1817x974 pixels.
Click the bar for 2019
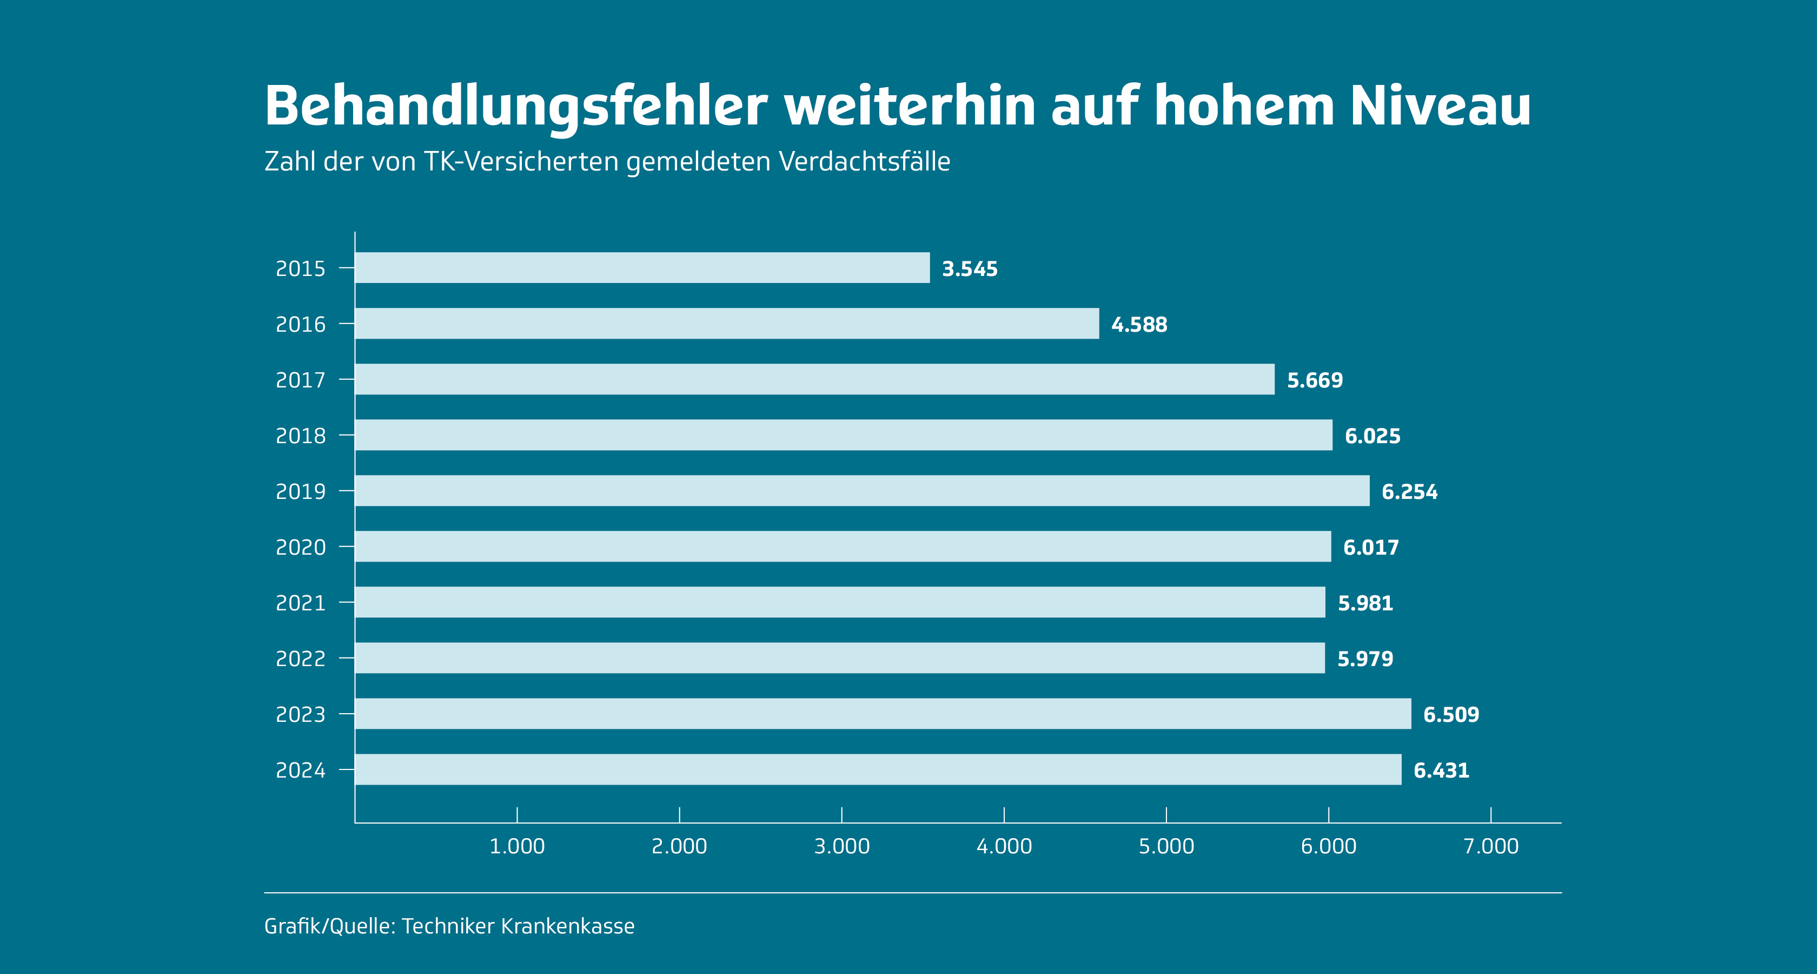pos(862,491)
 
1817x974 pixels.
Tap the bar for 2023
pos(883,714)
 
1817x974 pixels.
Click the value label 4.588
pos(1139,325)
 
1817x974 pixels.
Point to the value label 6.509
pos(1451,714)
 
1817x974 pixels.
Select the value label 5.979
pos(1365,659)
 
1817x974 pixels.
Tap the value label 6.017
pos(1370,547)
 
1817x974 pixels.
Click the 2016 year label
pos(301,324)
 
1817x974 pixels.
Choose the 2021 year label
pos(301,603)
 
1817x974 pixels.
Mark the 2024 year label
pos(301,770)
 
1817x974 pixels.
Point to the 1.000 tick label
pos(517,846)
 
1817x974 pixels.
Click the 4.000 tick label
pos(1004,846)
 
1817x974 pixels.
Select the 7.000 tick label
pos(1490,846)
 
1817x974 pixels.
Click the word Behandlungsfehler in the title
pos(515,106)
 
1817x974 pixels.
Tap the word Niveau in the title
pos(1440,106)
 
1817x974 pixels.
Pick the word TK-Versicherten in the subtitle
pos(521,162)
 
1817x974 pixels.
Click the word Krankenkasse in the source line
pos(567,926)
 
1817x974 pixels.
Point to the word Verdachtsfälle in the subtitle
pos(864,162)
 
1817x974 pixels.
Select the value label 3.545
pos(970,269)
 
